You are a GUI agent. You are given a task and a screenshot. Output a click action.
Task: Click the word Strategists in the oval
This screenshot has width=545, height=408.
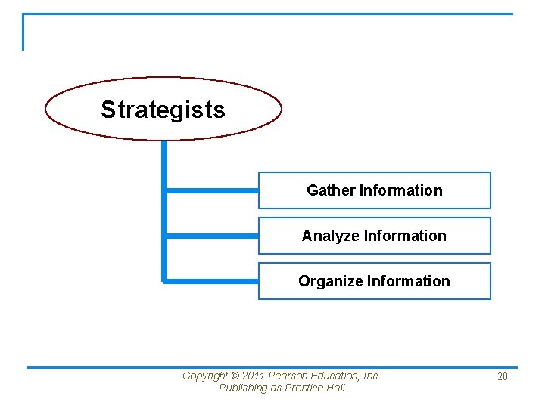(163, 110)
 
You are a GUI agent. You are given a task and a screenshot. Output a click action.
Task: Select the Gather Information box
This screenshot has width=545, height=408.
(374, 190)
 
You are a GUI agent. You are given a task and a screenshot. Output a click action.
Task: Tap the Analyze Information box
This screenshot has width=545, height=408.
(374, 236)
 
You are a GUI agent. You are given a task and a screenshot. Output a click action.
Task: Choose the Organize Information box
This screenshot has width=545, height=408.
(374, 281)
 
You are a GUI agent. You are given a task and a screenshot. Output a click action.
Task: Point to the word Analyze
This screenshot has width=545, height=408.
(331, 236)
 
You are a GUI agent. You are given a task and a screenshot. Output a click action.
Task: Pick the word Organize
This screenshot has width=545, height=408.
(330, 281)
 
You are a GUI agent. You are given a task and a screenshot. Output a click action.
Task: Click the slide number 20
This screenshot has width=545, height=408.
(503, 376)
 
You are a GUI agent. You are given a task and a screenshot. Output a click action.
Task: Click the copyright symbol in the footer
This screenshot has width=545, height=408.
(235, 376)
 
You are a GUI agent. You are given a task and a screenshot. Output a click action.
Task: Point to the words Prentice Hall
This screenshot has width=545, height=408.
(315, 388)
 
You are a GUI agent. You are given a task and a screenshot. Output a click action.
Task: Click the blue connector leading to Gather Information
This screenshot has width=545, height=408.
(212, 191)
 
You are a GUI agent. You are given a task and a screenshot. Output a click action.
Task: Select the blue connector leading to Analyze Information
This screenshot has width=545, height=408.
(212, 236)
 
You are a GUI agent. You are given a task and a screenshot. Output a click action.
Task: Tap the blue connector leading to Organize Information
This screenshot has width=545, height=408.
(212, 281)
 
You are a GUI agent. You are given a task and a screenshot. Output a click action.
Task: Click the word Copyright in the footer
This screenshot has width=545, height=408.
(205, 376)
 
